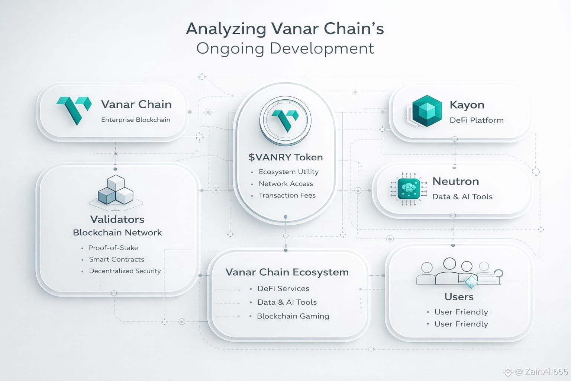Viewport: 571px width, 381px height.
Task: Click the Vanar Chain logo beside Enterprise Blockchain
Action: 74,110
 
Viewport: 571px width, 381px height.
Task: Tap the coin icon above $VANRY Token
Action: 285,120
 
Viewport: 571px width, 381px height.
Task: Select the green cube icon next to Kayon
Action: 426,111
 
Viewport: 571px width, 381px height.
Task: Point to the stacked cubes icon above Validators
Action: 116,191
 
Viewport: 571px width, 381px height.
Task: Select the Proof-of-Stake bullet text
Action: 113,248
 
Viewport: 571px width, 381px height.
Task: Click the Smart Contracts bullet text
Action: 116,259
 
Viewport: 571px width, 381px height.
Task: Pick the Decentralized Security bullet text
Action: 125,271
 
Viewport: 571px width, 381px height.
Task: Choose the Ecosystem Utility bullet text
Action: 288,172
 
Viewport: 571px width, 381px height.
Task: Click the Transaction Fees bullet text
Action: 287,195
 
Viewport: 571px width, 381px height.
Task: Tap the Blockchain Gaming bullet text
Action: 293,316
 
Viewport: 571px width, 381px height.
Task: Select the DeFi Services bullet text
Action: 283,289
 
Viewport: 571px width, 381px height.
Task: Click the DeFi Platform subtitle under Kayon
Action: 477,120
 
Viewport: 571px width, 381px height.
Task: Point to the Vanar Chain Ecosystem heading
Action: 287,272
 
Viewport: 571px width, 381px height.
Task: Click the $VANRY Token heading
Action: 285,157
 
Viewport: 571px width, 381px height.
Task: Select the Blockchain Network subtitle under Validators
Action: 117,233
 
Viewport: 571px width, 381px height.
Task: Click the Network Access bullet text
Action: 286,184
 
